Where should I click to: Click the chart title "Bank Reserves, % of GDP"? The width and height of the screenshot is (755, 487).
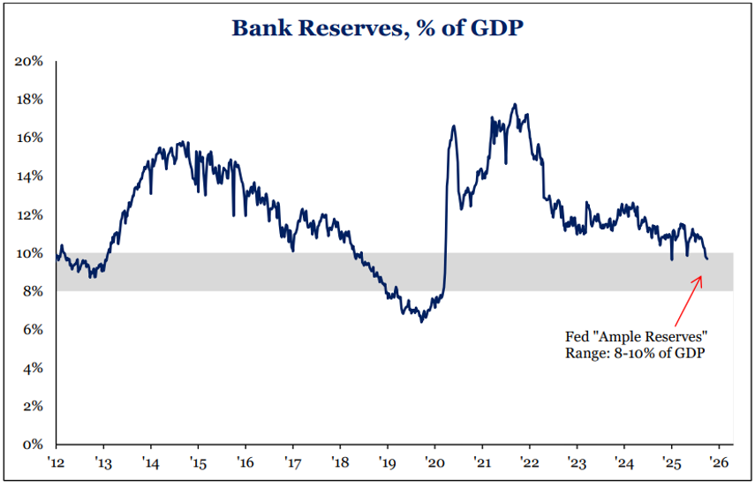[377, 27]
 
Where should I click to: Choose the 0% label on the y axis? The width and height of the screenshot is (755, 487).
[33, 445]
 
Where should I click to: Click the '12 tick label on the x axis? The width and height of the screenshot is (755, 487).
[57, 461]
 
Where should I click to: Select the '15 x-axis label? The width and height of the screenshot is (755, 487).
[198, 461]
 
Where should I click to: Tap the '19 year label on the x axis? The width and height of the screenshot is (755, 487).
[387, 461]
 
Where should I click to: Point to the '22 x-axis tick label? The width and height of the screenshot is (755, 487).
[529, 461]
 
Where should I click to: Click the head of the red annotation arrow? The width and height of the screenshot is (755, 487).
[701, 277]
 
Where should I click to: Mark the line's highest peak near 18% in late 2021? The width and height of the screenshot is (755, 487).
[515, 104]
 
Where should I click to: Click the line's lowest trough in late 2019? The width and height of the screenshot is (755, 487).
[421, 322]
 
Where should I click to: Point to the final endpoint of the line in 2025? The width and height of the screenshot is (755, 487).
[706, 258]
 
